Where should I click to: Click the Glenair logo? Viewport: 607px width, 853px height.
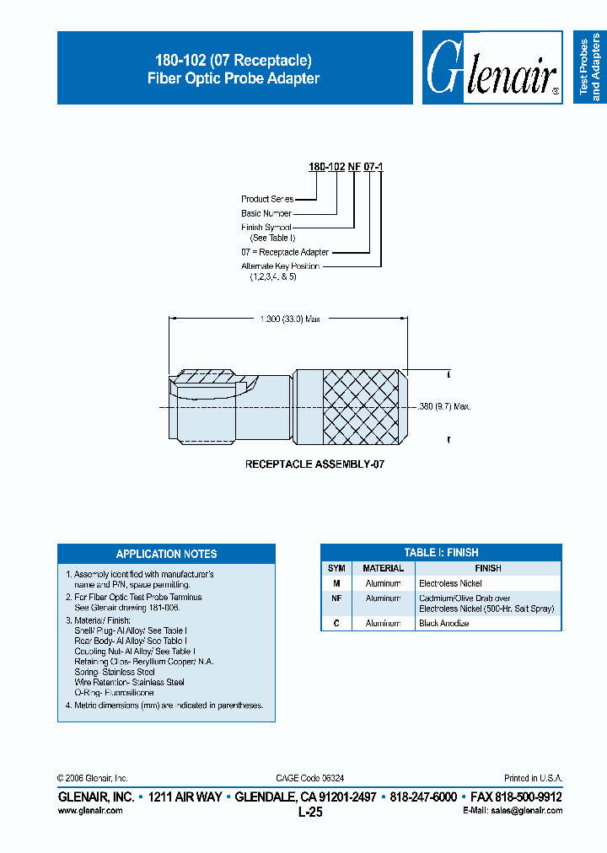point(493,68)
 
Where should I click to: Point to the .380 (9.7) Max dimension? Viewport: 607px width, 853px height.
point(443,406)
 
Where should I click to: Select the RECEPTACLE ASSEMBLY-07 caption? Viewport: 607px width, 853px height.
point(315,464)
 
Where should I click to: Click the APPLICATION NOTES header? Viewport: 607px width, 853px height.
point(166,554)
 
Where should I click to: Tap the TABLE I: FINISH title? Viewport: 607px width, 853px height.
point(441,553)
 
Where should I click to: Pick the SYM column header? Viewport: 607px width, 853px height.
point(336,568)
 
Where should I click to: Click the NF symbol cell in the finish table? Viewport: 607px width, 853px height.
point(336,598)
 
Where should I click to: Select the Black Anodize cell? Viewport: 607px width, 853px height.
point(443,623)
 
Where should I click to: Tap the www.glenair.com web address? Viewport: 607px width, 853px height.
point(90,810)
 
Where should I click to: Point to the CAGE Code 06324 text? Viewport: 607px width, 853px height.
point(309,778)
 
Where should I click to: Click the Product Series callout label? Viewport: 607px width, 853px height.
point(267,199)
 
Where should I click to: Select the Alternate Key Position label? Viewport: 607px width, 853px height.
point(281,266)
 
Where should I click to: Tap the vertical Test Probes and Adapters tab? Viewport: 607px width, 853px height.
point(589,67)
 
